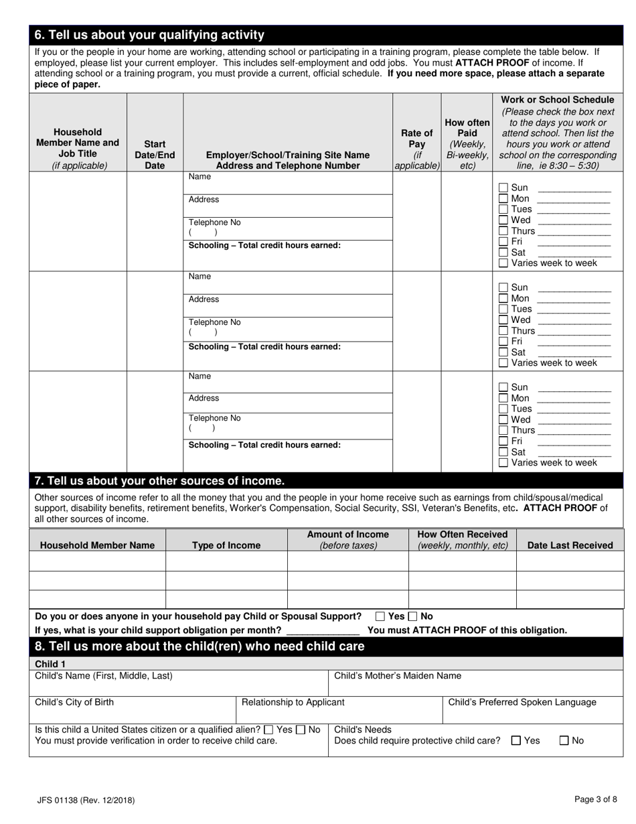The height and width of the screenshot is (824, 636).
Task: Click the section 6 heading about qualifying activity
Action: [x=149, y=35]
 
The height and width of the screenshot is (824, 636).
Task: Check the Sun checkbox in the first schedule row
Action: [x=503, y=188]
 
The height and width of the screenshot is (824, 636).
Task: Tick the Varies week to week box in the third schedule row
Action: [x=503, y=463]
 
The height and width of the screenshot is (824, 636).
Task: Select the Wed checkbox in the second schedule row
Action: [x=503, y=320]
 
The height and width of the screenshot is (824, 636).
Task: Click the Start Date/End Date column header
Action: [x=155, y=155]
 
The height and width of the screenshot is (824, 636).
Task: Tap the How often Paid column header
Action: [x=467, y=144]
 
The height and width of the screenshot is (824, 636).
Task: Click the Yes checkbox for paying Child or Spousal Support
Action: [x=380, y=616]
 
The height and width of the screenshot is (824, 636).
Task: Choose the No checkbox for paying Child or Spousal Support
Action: [x=413, y=616]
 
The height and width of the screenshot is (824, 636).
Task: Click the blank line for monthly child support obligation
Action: [x=323, y=630]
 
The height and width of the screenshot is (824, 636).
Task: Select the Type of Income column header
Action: [x=226, y=545]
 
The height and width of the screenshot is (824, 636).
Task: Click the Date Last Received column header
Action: [x=570, y=545]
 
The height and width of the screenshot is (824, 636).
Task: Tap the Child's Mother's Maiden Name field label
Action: [x=398, y=676]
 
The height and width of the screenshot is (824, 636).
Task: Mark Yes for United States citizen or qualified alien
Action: [x=268, y=730]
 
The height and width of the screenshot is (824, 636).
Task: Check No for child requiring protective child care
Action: [x=564, y=741]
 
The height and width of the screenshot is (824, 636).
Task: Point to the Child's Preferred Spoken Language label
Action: [x=522, y=702]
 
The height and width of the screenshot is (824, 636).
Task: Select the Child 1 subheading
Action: [x=50, y=663]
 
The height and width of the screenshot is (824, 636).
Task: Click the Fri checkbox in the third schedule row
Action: [x=503, y=441]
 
